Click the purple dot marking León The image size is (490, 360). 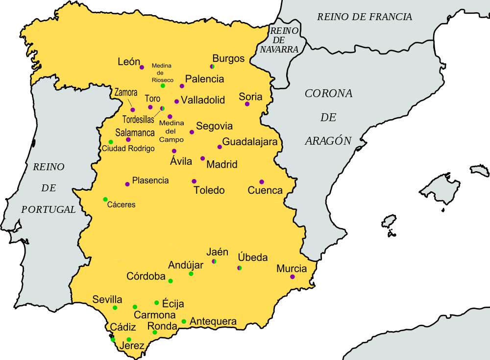[x=142, y=67]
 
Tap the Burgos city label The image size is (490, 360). [x=228, y=58]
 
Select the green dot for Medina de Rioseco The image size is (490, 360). [x=163, y=86]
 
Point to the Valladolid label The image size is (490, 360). [x=203, y=100]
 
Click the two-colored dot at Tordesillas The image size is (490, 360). [x=162, y=108]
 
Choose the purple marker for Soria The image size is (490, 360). [x=247, y=104]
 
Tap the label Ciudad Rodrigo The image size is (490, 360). [x=128, y=148]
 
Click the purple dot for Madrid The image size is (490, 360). [x=202, y=158]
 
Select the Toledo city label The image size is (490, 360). [x=209, y=190]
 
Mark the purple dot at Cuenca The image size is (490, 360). [x=262, y=182]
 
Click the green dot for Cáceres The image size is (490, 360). [x=105, y=199]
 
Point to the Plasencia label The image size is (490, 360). [x=150, y=180]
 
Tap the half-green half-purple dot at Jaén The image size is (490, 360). [x=214, y=261]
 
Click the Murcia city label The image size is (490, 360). [x=292, y=268]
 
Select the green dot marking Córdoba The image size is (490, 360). [x=171, y=281]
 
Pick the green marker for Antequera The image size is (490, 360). [x=184, y=322]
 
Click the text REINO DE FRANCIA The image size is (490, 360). [x=365, y=17]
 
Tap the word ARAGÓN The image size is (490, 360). [x=328, y=141]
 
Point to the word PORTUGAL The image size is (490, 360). [x=49, y=209]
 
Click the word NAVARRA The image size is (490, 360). [x=279, y=50]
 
